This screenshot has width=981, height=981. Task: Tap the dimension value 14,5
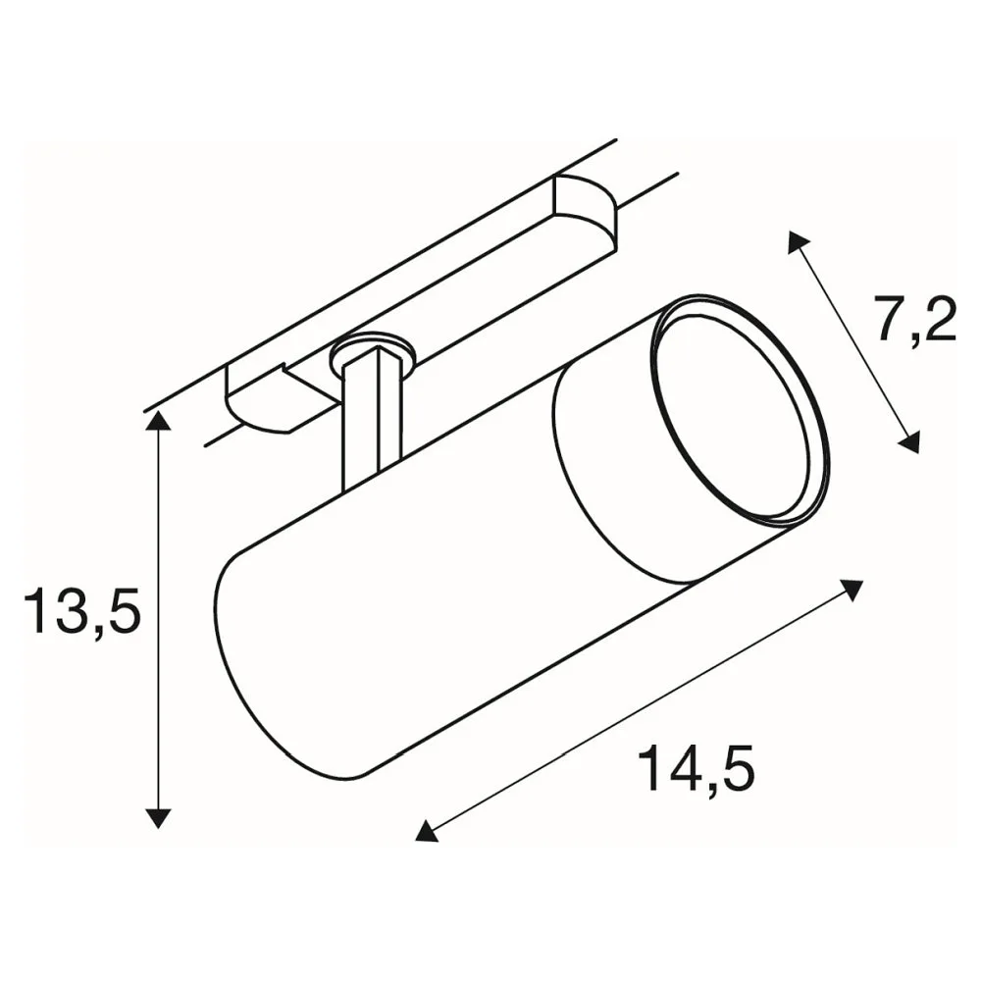click(x=696, y=768)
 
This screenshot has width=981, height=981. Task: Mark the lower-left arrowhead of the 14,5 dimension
click(x=427, y=831)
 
